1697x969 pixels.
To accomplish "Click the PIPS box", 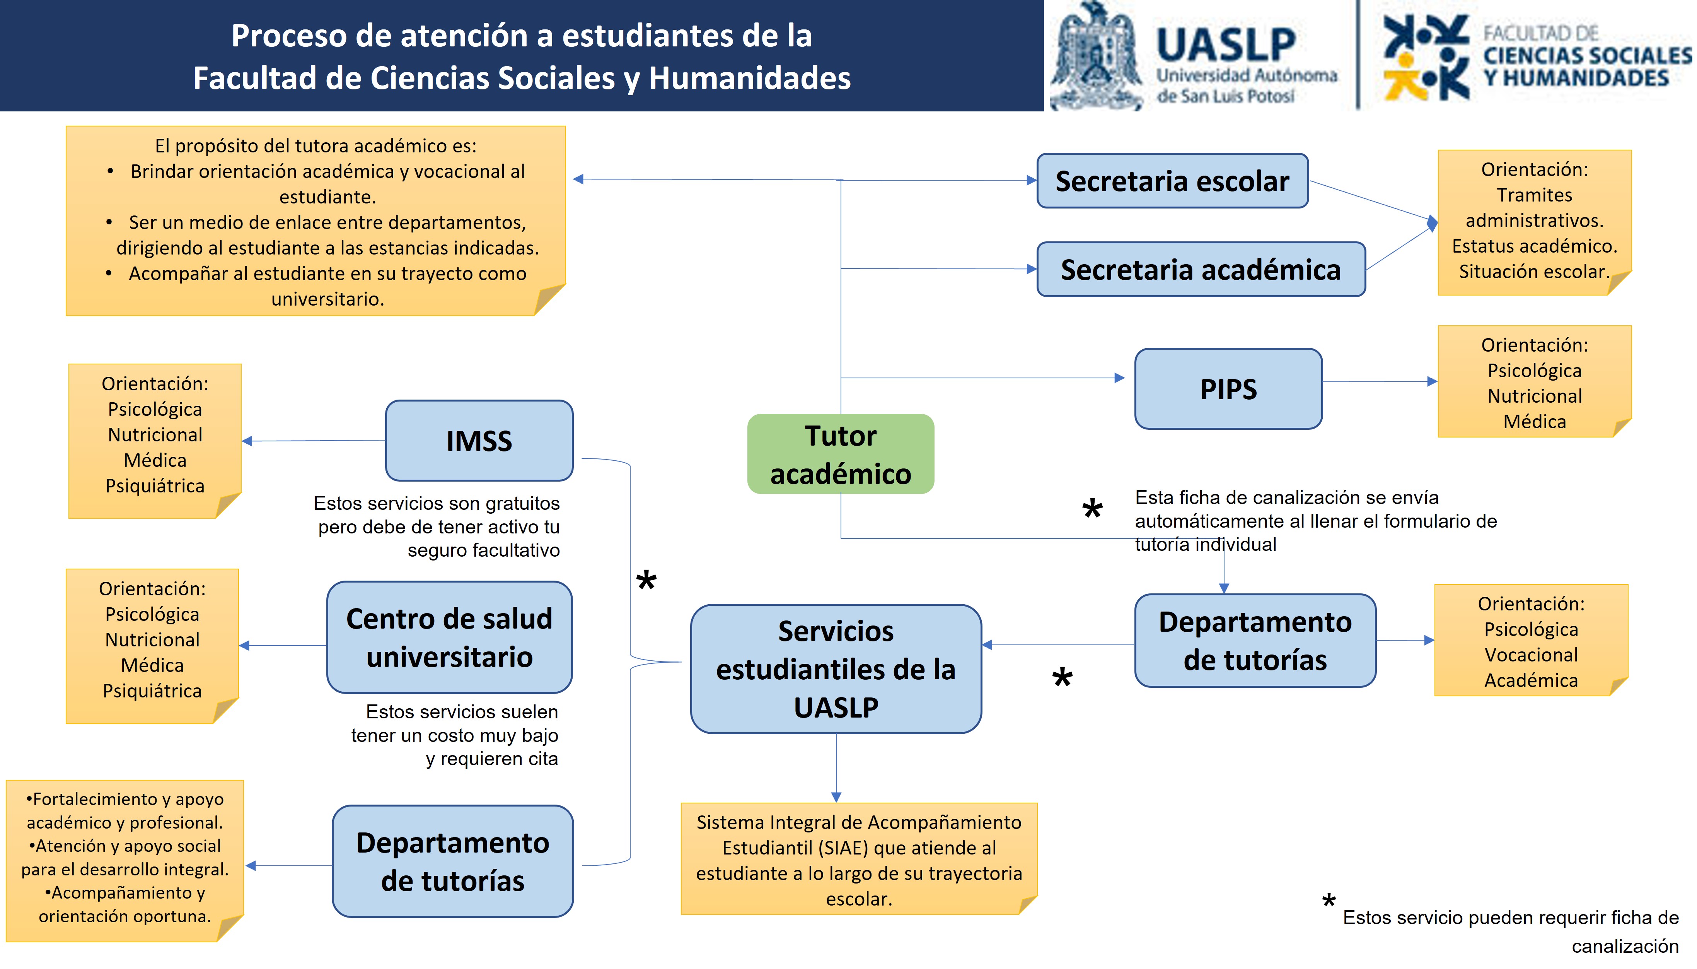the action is pos(1228,389).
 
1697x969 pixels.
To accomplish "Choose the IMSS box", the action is pos(479,441).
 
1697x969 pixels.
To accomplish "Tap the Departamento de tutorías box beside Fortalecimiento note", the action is pos(452,861).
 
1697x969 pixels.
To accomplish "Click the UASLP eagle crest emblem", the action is pos(1095,56).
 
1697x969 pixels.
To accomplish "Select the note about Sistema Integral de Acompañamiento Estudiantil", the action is pos(859,858).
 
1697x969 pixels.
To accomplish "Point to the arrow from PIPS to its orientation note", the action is pos(1380,381).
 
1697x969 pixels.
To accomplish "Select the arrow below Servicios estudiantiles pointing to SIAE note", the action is pos(836,767).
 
